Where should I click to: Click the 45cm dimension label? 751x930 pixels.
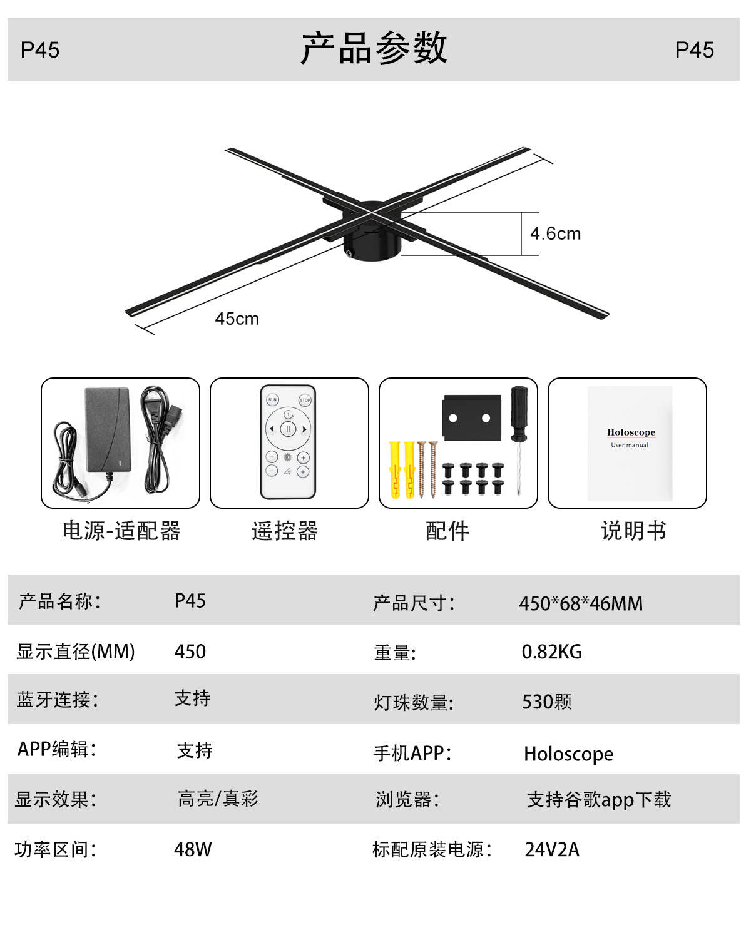point(237,319)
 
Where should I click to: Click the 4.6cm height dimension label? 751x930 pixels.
point(555,233)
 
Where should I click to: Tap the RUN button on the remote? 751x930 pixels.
point(272,399)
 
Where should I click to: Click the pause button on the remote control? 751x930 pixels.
point(288,429)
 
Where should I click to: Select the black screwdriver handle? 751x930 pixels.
point(519,412)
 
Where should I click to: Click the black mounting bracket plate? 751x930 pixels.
point(471,418)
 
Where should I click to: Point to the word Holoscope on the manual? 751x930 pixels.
point(631,432)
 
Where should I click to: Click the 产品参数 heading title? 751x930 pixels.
point(374,48)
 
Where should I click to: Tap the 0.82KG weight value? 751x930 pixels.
point(551,652)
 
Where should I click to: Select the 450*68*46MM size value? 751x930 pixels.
point(581,603)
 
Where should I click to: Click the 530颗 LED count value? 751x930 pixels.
point(546,702)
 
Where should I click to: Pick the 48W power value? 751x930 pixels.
point(193,850)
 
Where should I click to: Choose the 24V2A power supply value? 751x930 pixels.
point(552,850)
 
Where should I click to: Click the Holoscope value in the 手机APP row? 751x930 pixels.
point(568,754)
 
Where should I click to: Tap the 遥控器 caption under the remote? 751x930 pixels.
point(285,531)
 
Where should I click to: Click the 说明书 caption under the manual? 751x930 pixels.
point(633,531)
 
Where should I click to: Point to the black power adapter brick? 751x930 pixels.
point(107,430)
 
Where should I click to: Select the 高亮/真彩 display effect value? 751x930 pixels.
point(218,799)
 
